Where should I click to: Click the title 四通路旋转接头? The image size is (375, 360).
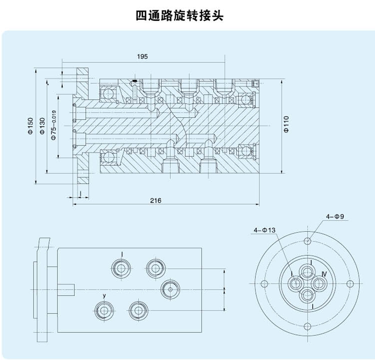180,16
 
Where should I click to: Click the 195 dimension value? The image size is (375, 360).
142,56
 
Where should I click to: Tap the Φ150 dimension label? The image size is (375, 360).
30,126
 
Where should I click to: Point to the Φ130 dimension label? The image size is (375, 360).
42,126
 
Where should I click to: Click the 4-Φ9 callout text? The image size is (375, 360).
335,216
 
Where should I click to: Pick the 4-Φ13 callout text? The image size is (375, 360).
264,230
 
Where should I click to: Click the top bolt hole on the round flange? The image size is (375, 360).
308,240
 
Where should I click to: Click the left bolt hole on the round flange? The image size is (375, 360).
265,283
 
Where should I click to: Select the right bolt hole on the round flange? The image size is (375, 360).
350,283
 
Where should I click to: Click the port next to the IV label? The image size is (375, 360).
319,284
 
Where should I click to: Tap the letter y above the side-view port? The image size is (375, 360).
104,295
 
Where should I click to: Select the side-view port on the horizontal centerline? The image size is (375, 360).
171,289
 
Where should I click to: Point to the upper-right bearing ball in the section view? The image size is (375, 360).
246,100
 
